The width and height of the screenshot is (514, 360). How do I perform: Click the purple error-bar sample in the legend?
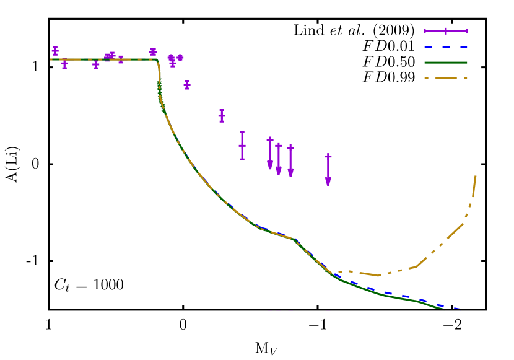point(445,30)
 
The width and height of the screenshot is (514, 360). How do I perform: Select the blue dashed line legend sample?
point(445,46)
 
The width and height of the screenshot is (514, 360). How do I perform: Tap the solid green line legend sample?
point(445,63)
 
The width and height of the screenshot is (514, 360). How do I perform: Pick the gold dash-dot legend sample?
point(445,78)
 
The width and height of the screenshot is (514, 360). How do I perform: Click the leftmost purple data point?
point(55,50)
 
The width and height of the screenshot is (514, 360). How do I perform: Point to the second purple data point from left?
point(64,64)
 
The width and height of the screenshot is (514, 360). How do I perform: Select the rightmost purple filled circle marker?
point(180,58)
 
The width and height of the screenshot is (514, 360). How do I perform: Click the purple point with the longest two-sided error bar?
point(242,146)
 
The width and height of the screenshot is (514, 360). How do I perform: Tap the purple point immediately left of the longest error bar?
point(222,116)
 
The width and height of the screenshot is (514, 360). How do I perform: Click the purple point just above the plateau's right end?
point(153,51)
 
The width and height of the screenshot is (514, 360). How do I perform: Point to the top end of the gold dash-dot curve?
point(476,177)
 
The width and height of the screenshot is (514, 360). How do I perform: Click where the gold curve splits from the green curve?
point(334,273)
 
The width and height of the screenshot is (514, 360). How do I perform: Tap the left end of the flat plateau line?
point(51,59)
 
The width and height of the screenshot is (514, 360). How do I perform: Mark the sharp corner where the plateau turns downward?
point(157,60)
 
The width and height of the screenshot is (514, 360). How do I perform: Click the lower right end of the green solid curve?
point(441,307)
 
